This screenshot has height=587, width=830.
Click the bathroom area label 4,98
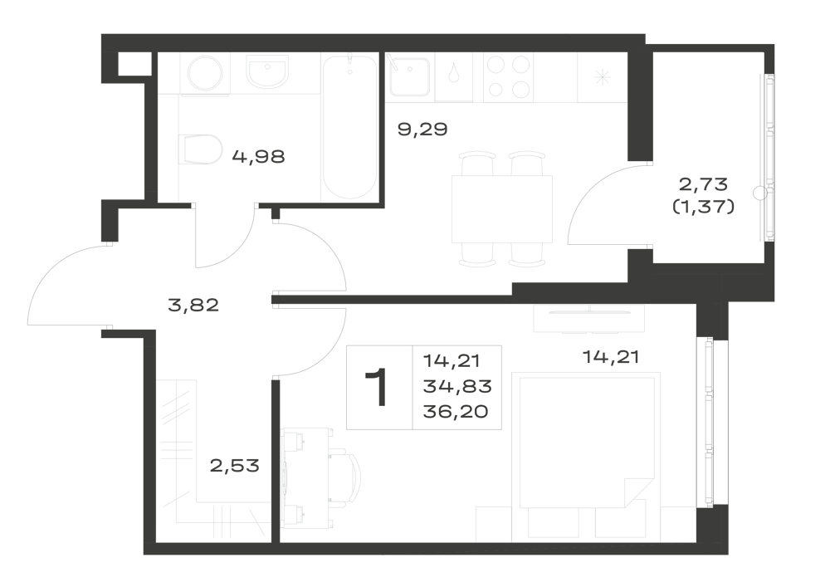259,157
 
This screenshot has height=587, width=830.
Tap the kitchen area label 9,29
422,130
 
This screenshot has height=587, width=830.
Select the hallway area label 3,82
193,306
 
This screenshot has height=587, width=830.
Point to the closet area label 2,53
235,466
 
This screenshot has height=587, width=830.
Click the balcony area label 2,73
704,184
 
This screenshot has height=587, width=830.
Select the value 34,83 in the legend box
457,386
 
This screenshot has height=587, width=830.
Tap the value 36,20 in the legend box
455,411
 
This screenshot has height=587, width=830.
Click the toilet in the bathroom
200,149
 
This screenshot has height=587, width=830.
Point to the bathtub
350,127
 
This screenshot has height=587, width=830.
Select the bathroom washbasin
267,72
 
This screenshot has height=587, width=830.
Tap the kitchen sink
410,76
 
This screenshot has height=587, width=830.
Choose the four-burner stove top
509,76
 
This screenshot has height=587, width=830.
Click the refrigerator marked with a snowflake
602,77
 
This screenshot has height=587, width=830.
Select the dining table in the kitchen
502,209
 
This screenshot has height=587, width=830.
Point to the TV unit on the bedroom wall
589,319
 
